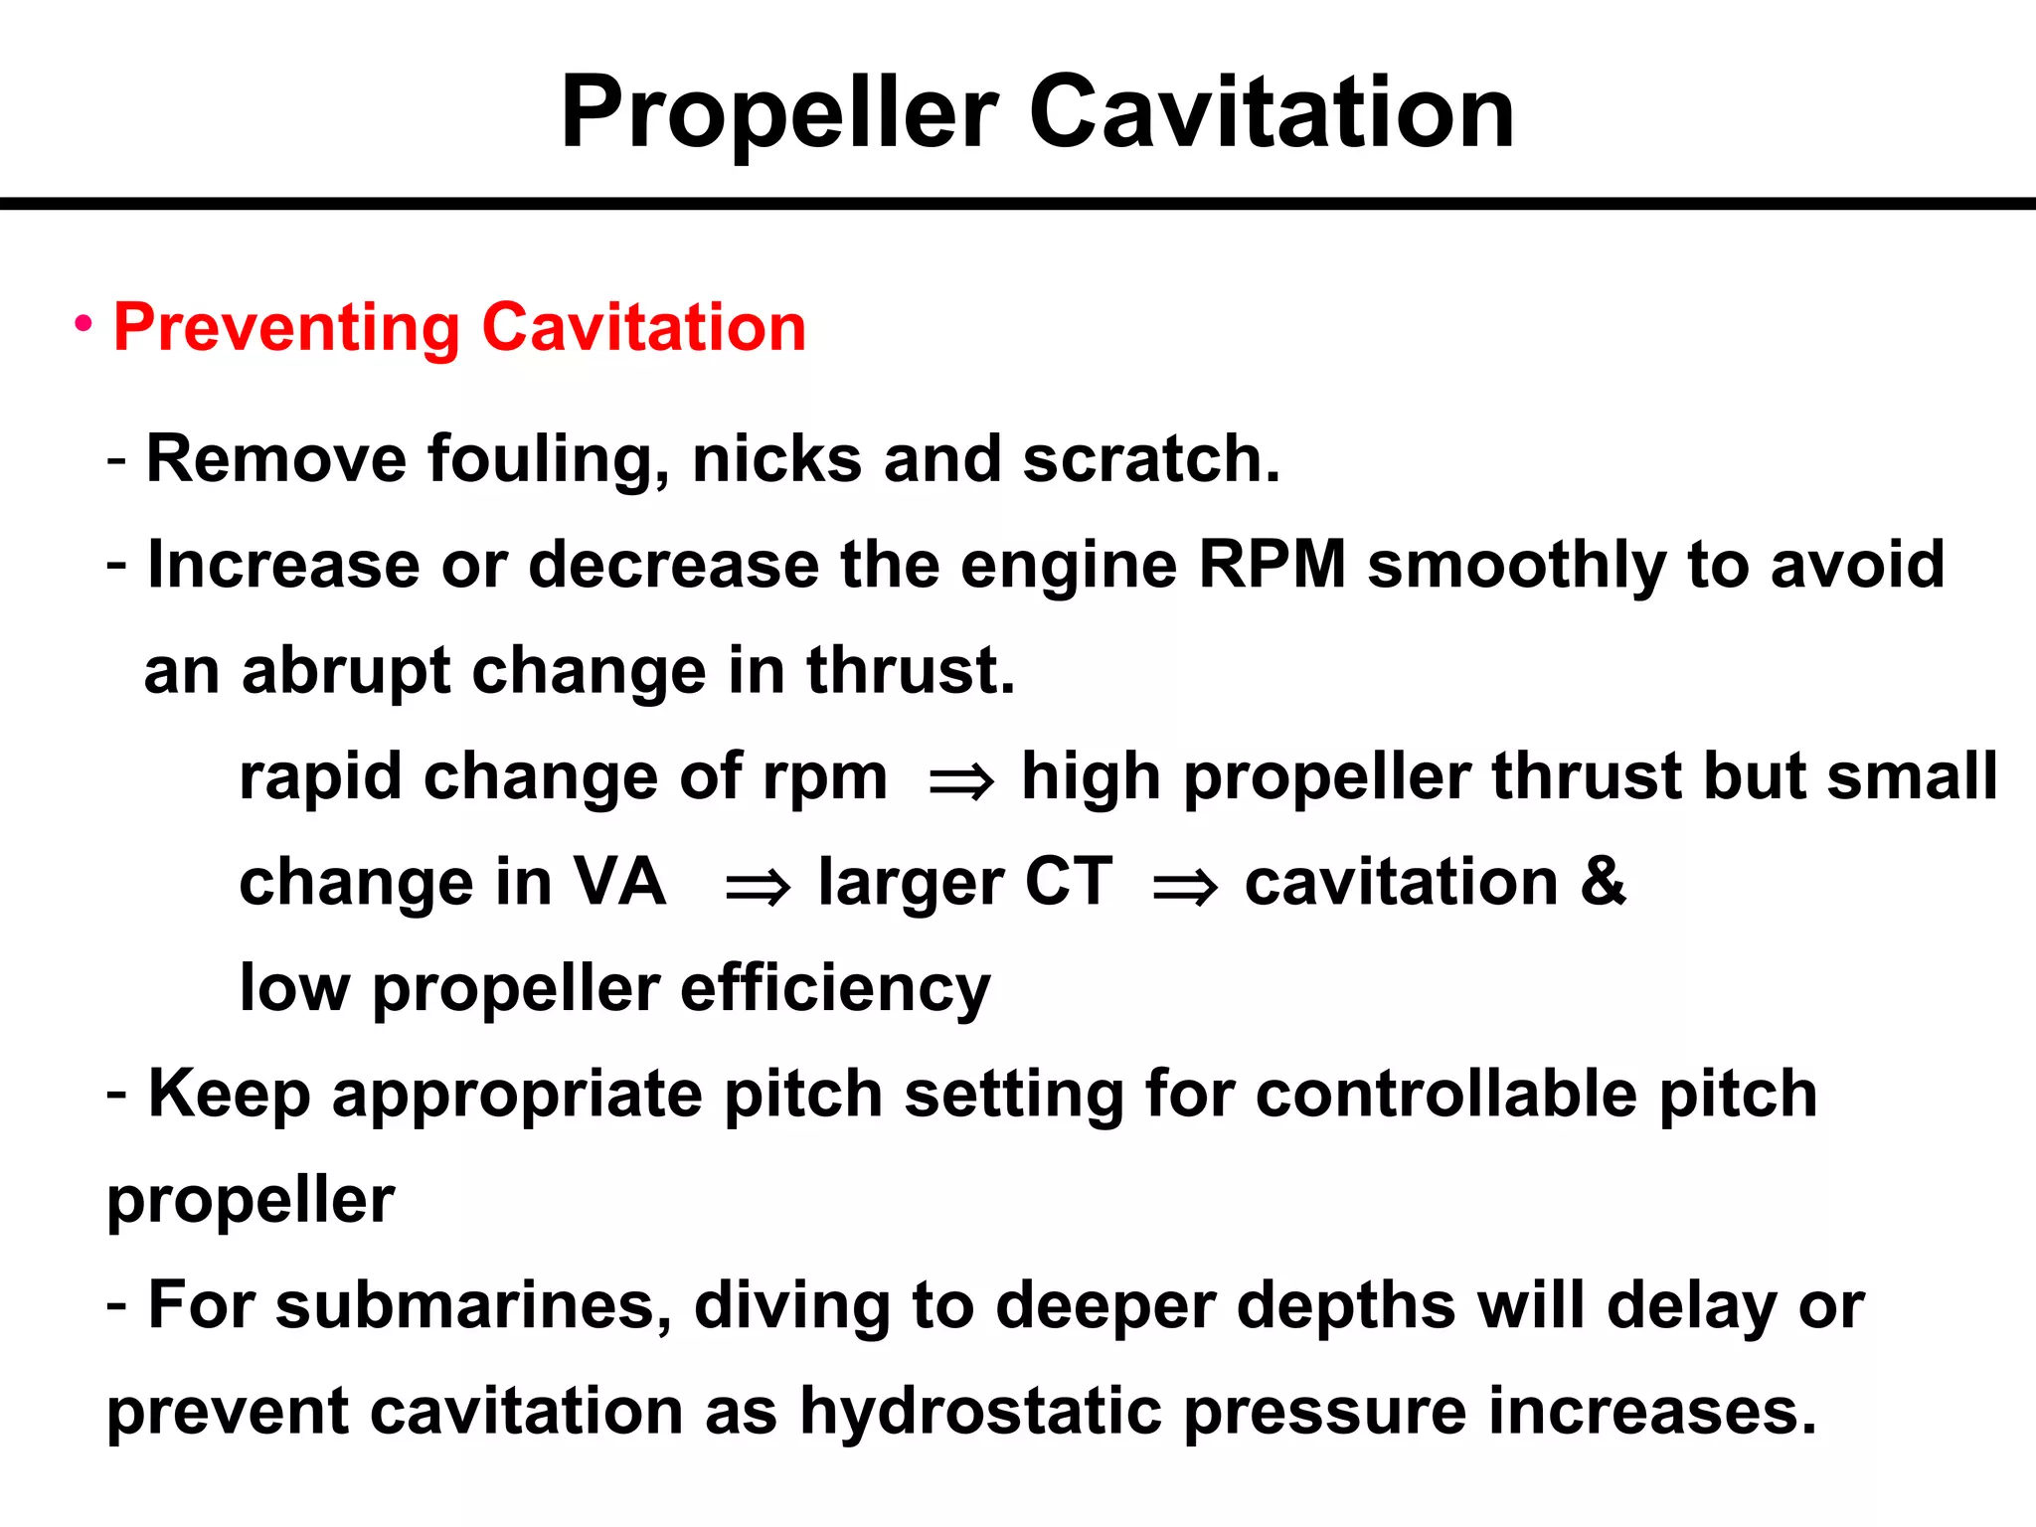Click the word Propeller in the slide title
coord(779,113)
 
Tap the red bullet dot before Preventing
coord(85,323)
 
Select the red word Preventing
coord(286,328)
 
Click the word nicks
coord(776,459)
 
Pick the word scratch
coord(1150,459)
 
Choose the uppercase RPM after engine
coord(1272,565)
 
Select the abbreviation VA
coord(619,883)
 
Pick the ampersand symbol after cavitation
coord(1603,883)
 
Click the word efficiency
coord(835,990)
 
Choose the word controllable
coord(1445,1095)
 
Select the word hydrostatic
coord(980,1412)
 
